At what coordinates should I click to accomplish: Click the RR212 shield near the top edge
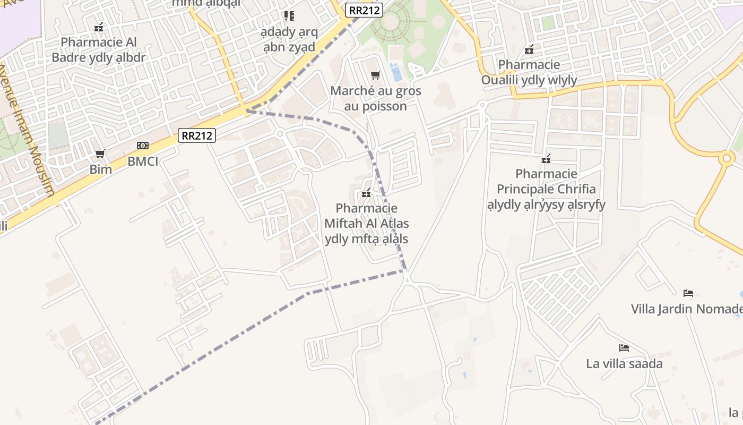pos(364,10)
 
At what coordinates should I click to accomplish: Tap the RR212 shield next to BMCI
pos(196,135)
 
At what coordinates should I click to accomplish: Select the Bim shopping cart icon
pos(100,154)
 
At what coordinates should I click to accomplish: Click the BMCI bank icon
pos(143,146)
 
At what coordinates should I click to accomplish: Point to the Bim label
pos(100,169)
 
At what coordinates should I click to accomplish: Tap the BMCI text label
pos(143,161)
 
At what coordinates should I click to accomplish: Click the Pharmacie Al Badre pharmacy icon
pos(99,27)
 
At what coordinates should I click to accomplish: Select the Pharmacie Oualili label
pos(529,72)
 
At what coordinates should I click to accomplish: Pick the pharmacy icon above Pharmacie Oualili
pos(529,50)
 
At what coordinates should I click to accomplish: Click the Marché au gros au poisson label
pos(376,98)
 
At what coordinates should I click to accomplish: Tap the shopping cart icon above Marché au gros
pos(376,75)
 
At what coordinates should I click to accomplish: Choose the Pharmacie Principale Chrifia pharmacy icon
pos(546,159)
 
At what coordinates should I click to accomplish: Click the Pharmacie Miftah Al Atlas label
pos(367,223)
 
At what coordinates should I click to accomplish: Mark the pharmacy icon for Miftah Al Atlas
pos(366,193)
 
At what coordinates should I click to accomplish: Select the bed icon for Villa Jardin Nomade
pos(688,293)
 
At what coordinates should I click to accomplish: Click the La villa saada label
pos(624,364)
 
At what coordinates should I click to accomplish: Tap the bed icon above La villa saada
pos(624,348)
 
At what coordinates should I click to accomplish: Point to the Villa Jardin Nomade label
pos(686,309)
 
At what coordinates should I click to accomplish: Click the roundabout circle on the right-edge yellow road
pos(727,158)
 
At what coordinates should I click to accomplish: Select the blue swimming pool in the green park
pos(396,72)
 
